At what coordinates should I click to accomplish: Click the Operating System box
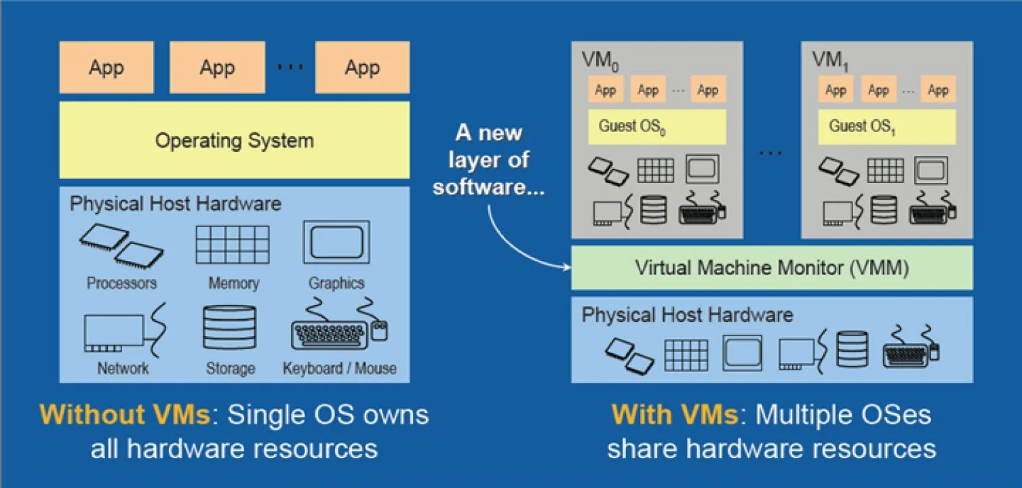[x=234, y=140]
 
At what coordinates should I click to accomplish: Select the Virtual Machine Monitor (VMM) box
[x=772, y=268]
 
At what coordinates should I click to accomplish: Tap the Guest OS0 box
[x=656, y=127]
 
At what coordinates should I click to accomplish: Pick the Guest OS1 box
[x=886, y=127]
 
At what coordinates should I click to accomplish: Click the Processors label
[x=121, y=283]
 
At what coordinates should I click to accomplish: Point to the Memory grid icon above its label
[x=233, y=245]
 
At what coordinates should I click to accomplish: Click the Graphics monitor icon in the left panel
[x=336, y=242]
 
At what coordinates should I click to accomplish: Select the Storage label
[x=231, y=369]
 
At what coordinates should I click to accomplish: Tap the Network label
[x=123, y=369]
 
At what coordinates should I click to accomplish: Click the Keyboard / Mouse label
[x=340, y=369]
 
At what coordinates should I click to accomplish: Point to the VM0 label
[x=600, y=60]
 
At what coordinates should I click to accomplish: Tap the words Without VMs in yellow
[x=125, y=415]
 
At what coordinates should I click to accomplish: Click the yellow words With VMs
[x=675, y=415]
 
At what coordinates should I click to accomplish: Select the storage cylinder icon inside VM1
[x=884, y=209]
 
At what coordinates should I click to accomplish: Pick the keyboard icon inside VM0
[x=701, y=209]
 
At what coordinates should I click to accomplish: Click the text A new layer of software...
[x=489, y=160]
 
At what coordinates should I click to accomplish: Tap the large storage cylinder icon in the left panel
[x=230, y=327]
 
